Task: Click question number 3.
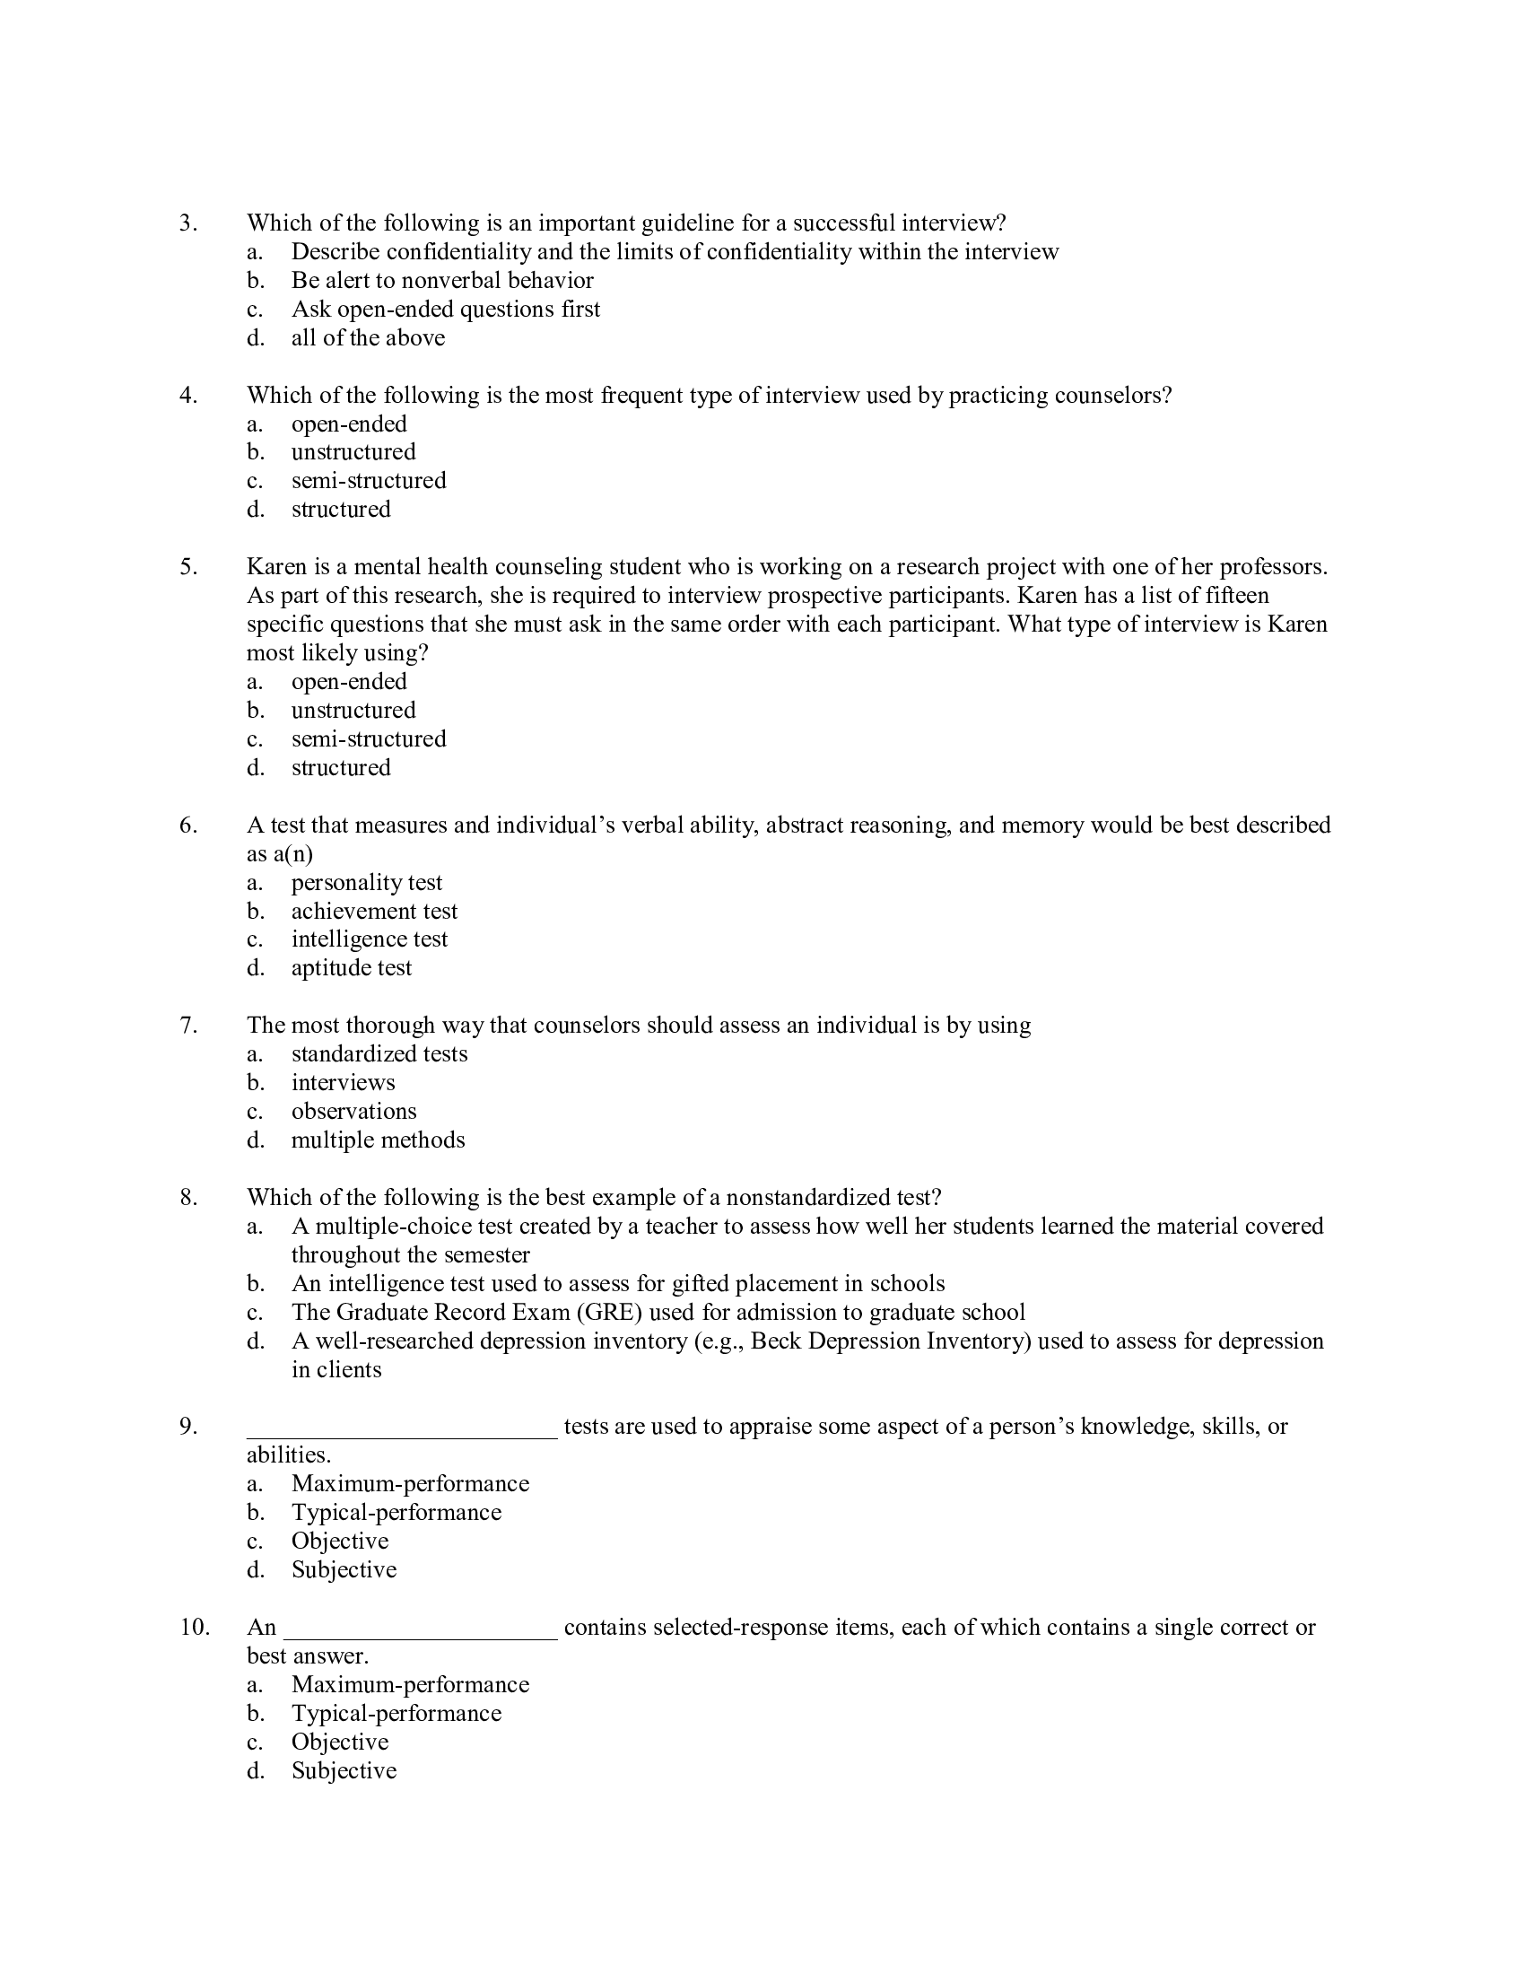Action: tap(187, 223)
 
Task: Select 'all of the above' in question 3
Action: tap(368, 338)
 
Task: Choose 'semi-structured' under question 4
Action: tap(369, 481)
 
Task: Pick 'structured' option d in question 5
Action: tap(341, 768)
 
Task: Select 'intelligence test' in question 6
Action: tap(369, 940)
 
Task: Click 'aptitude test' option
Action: tap(351, 969)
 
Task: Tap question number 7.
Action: tap(187, 1026)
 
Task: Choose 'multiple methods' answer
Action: tap(378, 1140)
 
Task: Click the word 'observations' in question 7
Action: tap(353, 1112)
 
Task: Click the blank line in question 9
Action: tap(402, 1428)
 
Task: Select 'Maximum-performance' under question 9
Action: tap(409, 1485)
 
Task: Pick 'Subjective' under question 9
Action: tap(344, 1571)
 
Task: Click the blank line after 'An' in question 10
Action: tap(421, 1629)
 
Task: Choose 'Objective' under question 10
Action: tap(340, 1743)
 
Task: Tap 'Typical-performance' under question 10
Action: tap(396, 1714)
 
